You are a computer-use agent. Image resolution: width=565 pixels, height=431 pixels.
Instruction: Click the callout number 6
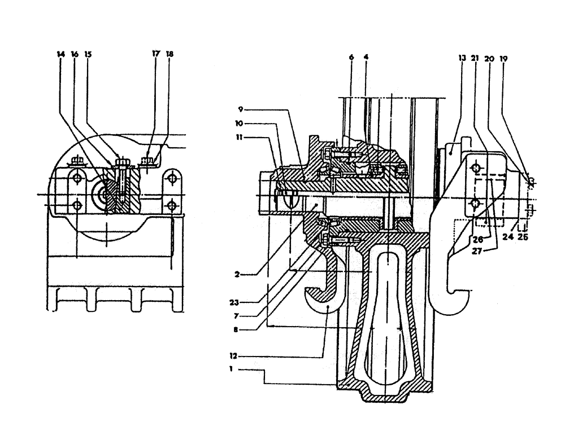point(351,57)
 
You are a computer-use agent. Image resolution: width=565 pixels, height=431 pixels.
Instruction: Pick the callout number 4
point(366,57)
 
